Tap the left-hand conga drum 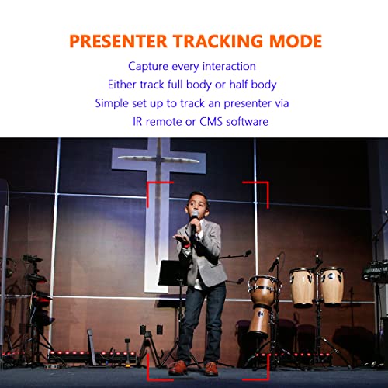[x=303, y=286]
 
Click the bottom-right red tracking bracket [x=258, y=371]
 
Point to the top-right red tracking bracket [x=258, y=188]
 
